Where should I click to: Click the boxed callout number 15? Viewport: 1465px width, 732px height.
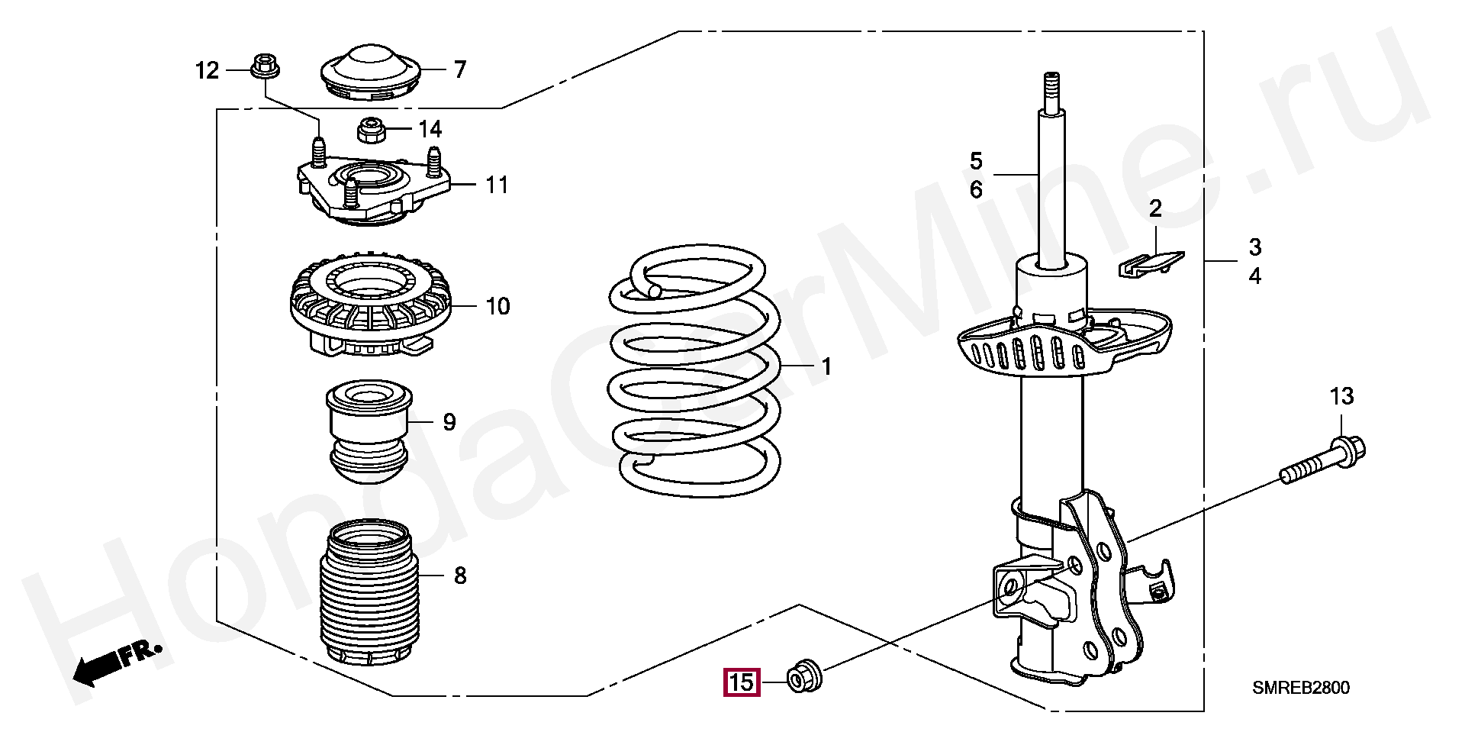click(741, 682)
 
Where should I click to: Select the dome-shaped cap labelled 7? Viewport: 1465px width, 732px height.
click(369, 73)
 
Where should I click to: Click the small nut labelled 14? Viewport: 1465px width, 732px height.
click(371, 130)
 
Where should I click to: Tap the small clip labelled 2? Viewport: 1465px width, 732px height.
click(1151, 263)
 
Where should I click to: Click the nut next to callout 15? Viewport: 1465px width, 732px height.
click(803, 676)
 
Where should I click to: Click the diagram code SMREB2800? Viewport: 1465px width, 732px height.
click(1300, 688)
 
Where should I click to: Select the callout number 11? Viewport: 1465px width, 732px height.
click(497, 185)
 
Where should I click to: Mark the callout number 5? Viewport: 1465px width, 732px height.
click(976, 161)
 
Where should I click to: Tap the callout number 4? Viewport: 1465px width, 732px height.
click(1254, 276)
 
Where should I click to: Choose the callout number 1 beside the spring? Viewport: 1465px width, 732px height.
click(826, 366)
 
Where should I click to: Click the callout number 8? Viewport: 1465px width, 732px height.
click(460, 575)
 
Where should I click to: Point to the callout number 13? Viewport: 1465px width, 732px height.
click(1341, 396)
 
